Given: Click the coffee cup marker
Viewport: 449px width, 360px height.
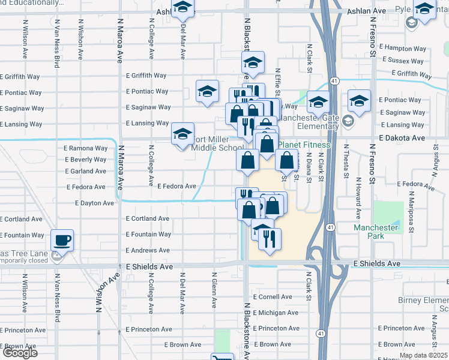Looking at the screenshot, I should coord(62,241).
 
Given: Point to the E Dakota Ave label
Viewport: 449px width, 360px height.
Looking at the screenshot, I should coord(403,137).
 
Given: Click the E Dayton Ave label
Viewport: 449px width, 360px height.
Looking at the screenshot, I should coord(95,203).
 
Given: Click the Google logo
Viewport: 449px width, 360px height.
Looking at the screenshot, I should coord(20,353).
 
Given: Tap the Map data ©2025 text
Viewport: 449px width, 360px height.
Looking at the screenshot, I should coord(423,355).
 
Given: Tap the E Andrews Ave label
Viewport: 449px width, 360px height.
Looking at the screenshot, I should coord(148,250).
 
